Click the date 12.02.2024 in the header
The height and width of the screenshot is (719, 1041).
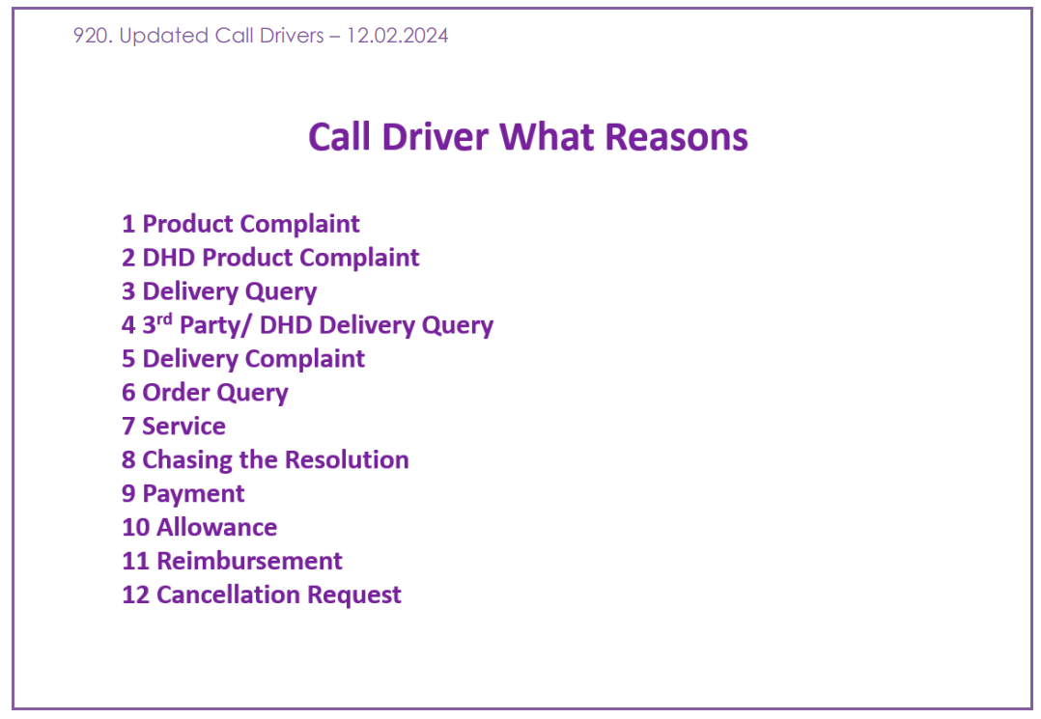pos(397,35)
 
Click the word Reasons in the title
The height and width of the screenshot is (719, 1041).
pos(677,137)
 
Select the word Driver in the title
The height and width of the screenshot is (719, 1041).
pos(435,137)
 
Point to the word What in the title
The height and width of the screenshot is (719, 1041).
pos(547,137)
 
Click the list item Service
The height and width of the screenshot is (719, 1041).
pos(183,426)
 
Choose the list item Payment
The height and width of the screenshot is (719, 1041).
pos(193,494)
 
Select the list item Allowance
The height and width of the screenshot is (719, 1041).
pos(217,527)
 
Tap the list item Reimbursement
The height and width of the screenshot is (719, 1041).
pos(249,561)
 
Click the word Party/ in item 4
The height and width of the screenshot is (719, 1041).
pos(215,325)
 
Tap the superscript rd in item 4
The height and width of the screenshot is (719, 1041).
pos(164,319)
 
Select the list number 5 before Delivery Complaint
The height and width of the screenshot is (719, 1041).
pos(128,359)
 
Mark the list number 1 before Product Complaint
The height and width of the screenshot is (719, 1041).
pos(128,224)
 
